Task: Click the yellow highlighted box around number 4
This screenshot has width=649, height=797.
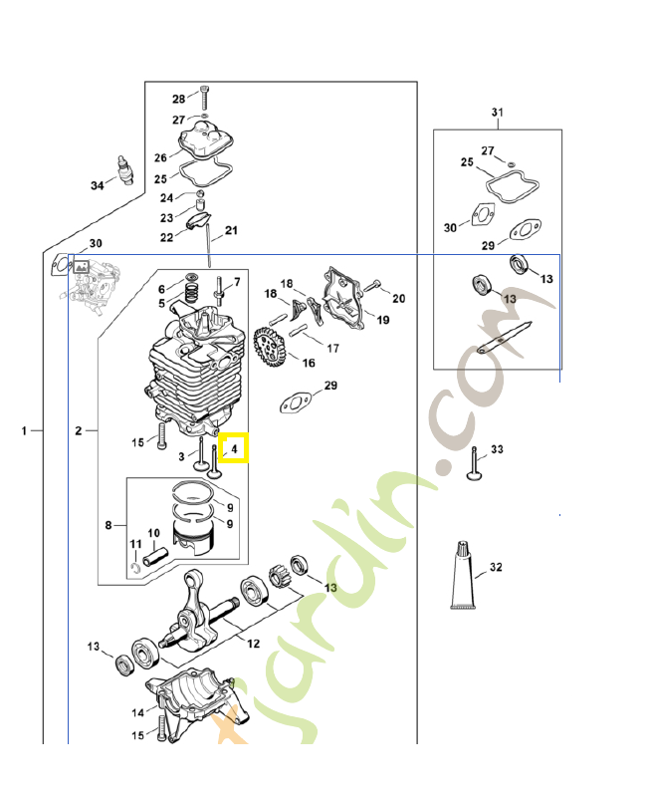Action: click(235, 448)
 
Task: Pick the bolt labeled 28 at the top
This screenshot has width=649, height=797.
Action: click(203, 99)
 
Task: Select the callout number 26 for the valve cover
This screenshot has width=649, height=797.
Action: click(160, 157)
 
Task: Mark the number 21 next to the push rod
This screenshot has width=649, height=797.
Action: click(232, 231)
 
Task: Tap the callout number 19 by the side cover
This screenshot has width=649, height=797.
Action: click(382, 320)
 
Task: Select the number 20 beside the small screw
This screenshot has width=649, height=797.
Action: click(398, 298)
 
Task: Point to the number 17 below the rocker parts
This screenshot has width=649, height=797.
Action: click(332, 349)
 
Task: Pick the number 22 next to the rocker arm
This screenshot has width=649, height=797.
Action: click(166, 237)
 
